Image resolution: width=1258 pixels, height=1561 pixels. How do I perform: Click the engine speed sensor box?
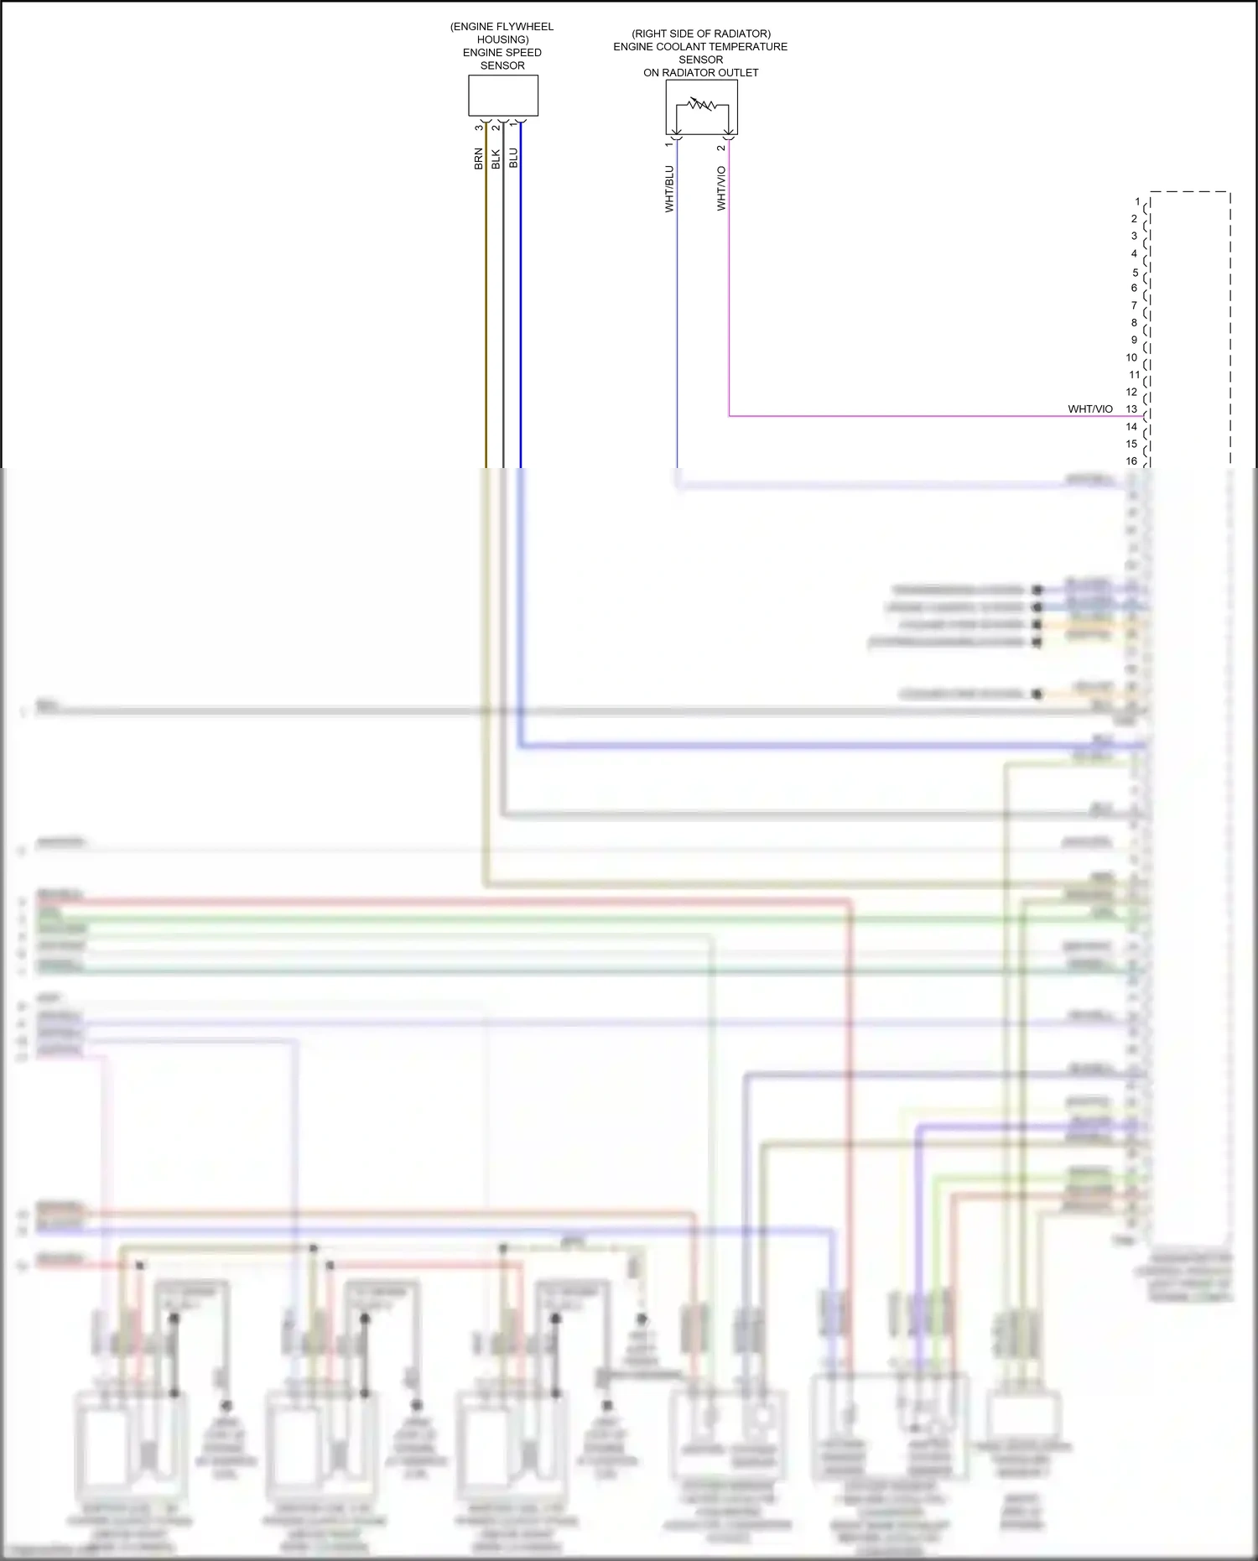[x=502, y=96]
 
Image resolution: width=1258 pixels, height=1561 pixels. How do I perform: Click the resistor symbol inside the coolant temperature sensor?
[x=701, y=105]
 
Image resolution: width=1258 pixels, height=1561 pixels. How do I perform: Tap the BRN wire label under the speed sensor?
[x=479, y=159]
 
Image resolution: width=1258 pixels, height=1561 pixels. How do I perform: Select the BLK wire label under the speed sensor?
[x=496, y=159]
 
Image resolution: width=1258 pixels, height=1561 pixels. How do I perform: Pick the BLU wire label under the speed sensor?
[x=513, y=158]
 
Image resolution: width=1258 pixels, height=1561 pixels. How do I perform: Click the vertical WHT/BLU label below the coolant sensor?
[x=669, y=189]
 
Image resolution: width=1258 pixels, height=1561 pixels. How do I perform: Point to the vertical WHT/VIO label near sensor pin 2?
[x=721, y=188]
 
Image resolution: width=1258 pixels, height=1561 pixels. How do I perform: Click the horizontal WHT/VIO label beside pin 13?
[x=1090, y=409]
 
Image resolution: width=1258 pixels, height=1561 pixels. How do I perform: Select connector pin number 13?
[x=1131, y=409]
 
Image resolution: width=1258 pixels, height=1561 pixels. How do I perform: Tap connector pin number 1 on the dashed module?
[x=1137, y=201]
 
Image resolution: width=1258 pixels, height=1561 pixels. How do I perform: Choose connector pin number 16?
[x=1131, y=460]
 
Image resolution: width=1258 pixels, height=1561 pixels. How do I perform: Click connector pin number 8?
[x=1134, y=322]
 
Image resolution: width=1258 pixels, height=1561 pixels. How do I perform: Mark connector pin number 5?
[x=1136, y=273]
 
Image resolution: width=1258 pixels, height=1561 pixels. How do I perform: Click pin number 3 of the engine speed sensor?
[x=479, y=127]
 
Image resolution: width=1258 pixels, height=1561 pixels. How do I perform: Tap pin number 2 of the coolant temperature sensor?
[x=720, y=148]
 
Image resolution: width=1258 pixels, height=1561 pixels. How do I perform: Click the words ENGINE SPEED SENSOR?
[x=502, y=59]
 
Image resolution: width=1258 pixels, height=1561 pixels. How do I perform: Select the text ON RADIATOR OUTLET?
[x=701, y=73]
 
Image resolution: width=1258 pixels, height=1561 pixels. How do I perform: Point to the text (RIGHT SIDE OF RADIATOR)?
[x=701, y=34]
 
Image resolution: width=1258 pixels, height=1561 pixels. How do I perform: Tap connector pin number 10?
[x=1131, y=357]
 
